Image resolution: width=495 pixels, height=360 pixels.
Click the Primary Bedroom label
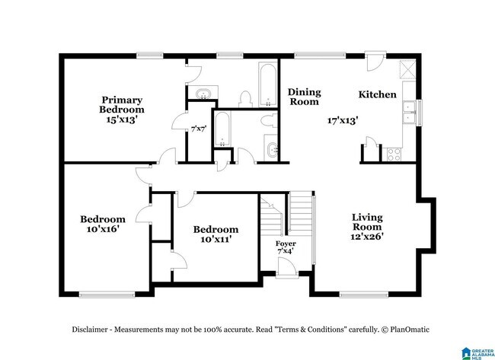(122, 105)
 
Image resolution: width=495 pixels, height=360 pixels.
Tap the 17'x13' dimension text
(343, 120)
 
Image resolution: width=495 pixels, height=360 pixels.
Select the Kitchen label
(377, 94)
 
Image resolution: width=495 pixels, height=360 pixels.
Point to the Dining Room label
(305, 97)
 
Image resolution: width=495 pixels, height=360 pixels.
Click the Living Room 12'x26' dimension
(367, 236)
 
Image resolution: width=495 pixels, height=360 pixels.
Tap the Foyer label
(286, 244)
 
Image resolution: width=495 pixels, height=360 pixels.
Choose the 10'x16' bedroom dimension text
(103, 229)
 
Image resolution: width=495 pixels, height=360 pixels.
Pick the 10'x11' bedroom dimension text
(216, 239)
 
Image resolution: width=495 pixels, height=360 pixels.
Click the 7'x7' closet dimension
(199, 129)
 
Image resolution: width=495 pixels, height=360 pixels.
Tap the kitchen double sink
(409, 112)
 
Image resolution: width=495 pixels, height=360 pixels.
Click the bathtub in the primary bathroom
(268, 84)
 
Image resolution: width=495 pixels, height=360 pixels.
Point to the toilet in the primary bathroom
(245, 99)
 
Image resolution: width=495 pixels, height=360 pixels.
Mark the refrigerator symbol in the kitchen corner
(407, 68)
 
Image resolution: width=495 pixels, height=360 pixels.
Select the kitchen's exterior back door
(375, 61)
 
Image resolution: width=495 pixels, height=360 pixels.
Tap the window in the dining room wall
(320, 56)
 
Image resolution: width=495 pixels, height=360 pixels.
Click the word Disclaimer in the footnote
(90, 330)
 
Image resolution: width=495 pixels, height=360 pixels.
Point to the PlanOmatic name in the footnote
(410, 330)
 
